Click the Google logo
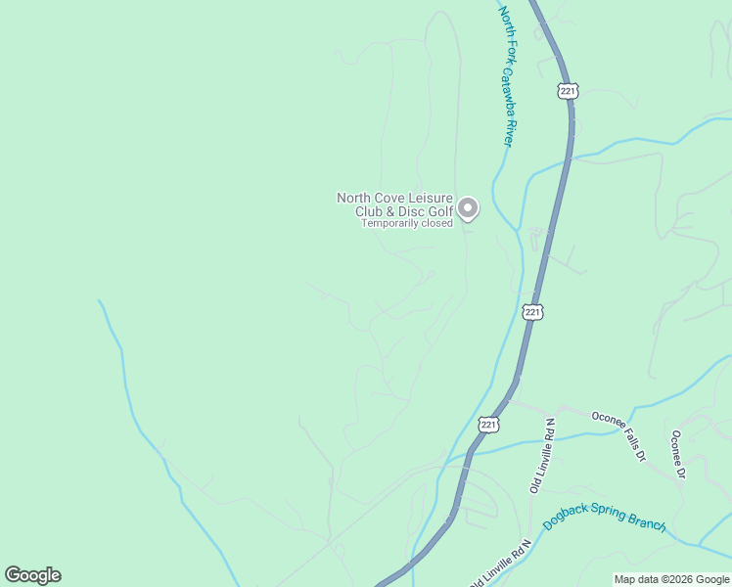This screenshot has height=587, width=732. (x=32, y=575)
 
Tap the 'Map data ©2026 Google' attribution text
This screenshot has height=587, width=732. (x=672, y=579)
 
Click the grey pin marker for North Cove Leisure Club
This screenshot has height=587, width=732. (x=469, y=208)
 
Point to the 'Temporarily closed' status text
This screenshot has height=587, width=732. (x=407, y=223)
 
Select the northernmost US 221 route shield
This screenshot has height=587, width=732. (x=569, y=91)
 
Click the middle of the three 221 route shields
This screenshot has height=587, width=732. (x=531, y=312)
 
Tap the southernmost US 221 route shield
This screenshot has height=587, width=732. (x=489, y=424)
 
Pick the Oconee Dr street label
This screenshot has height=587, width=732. (x=678, y=454)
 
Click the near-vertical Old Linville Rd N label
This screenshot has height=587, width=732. (x=543, y=456)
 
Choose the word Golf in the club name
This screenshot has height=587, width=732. (x=438, y=211)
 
